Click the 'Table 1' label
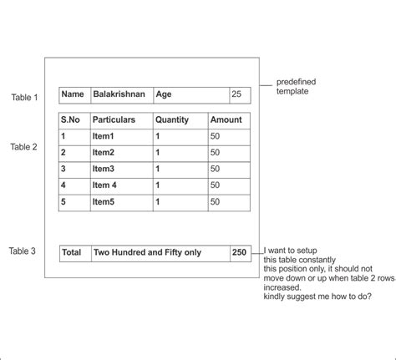[24, 98]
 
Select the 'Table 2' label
[24, 147]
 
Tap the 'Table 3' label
[23, 251]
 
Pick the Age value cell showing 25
[236, 95]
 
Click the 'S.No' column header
[73, 120]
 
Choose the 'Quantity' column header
[172, 120]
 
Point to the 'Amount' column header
[226, 120]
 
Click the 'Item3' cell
[104, 169]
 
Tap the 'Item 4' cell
[104, 185]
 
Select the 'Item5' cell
[104, 201]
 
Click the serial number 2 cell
[63, 152]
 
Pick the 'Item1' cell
[104, 136]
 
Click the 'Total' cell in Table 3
[72, 251]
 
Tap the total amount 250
[240, 251]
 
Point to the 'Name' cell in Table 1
[73, 95]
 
